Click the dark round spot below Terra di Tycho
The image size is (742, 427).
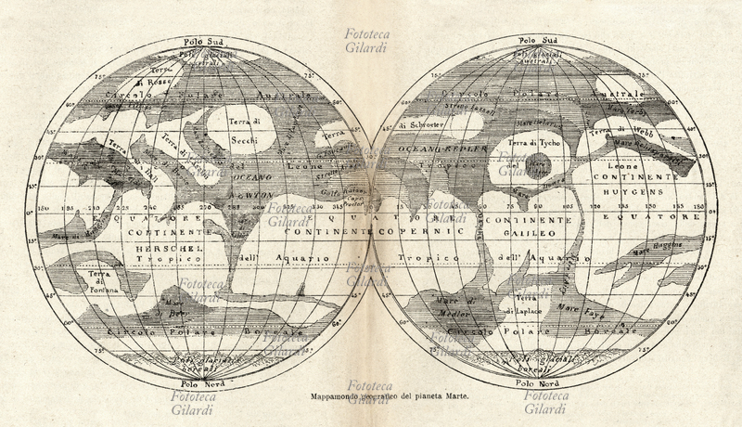tap(540, 168)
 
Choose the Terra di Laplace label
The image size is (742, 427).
tap(522, 304)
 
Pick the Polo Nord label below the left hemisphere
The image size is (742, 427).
tap(201, 382)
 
